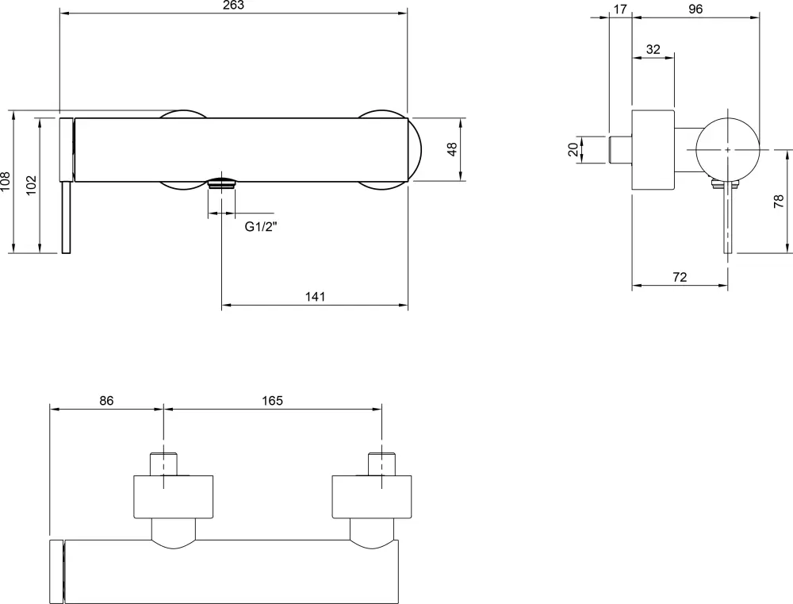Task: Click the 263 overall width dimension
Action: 233,5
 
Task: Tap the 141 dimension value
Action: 315,296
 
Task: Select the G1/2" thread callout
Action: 262,227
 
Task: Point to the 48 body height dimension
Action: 452,149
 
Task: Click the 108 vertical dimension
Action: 5,182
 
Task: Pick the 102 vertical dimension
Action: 32,185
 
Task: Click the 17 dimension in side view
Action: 620,9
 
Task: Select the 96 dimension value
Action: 695,9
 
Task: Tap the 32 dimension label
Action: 653,49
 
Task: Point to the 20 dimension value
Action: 573,149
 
